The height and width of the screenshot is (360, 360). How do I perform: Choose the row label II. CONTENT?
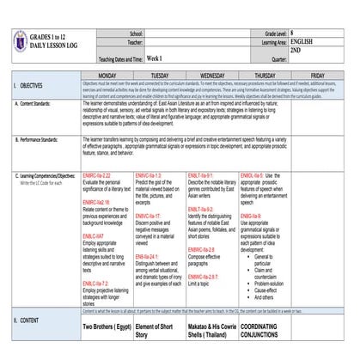(x=29, y=320)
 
